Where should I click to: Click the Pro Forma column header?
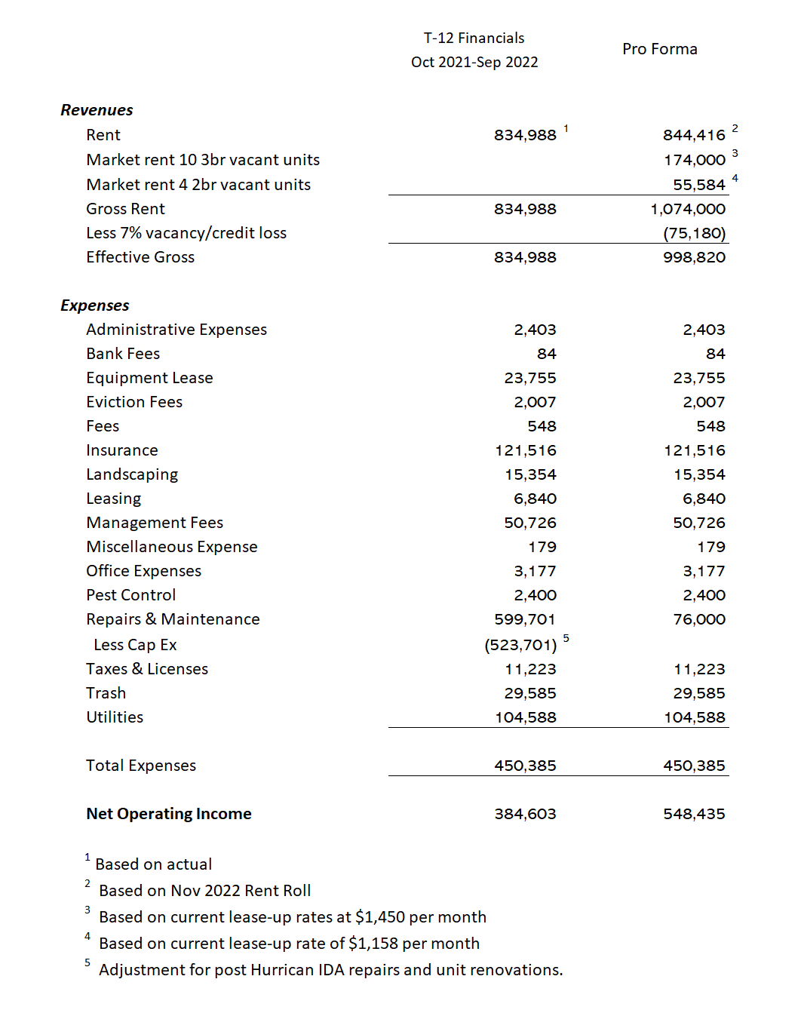click(660, 49)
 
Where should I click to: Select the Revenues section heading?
click(97, 110)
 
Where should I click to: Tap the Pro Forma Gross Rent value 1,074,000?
click(688, 209)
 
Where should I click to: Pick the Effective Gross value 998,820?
click(694, 257)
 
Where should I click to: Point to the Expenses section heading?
click(95, 305)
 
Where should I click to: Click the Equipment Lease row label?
click(149, 378)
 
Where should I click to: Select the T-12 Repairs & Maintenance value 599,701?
click(525, 619)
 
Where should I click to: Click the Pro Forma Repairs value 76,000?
click(699, 619)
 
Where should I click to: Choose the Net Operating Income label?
click(169, 814)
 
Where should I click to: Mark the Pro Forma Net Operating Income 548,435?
click(694, 814)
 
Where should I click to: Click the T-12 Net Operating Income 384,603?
click(525, 814)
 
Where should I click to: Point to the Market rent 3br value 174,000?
click(694, 160)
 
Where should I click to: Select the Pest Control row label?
click(131, 595)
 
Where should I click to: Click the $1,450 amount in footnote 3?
click(380, 917)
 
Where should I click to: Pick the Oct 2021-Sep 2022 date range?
click(474, 62)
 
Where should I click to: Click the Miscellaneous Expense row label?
click(172, 547)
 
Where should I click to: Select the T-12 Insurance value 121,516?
click(526, 450)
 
